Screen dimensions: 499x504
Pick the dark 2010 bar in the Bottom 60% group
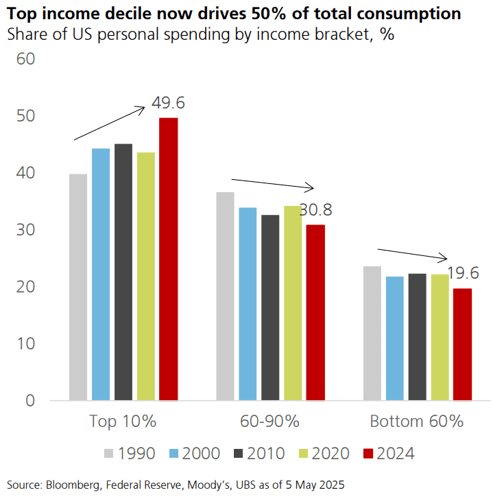(417, 336)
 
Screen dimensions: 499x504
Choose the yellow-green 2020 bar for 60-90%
(293, 303)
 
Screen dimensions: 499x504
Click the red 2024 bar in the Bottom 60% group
(462, 344)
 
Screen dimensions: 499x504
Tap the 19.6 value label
(463, 273)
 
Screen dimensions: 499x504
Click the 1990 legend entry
(130, 453)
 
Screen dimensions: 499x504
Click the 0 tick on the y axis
(29, 400)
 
